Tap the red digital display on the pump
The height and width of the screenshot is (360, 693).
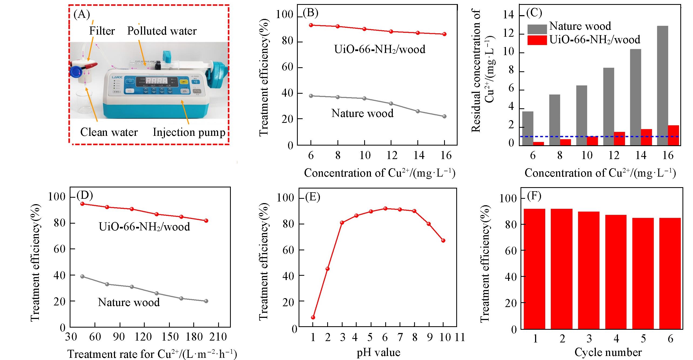coord(156,81)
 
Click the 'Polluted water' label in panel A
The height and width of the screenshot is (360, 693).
coord(162,31)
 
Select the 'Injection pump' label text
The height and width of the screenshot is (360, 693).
coord(189,132)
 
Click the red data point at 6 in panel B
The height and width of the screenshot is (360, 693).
coord(311,25)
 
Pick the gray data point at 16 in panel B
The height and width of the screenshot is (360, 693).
coord(444,116)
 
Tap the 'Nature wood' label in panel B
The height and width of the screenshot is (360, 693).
coord(362,113)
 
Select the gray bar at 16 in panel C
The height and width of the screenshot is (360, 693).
coord(668,86)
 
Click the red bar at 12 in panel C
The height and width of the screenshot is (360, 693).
coord(619,139)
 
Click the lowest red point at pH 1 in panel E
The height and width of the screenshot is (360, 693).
coord(313,317)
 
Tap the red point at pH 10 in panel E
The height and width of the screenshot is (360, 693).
coord(443,240)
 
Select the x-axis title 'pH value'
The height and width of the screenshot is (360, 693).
coord(378,352)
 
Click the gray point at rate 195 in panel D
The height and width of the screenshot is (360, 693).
coord(206,301)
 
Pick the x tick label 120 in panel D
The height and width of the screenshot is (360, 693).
coord(143,337)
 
